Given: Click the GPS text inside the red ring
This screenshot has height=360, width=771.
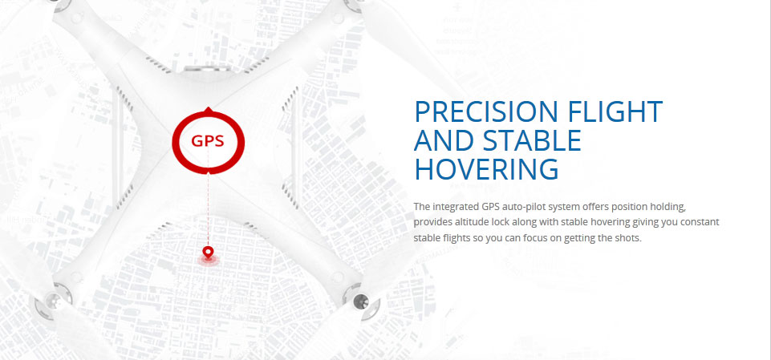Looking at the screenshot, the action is pyautogui.click(x=208, y=141).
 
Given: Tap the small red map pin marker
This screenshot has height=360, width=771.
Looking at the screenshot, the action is pyautogui.click(x=209, y=253).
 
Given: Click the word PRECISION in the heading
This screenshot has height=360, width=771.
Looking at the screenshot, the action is pyautogui.click(x=487, y=111).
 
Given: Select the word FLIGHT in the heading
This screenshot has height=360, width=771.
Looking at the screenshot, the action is pyautogui.click(x=615, y=111).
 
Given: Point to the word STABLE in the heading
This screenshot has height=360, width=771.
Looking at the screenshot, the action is pyautogui.click(x=532, y=140).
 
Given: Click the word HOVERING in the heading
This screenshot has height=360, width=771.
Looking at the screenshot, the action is pyautogui.click(x=487, y=169).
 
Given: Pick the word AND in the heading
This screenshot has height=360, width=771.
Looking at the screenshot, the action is pyautogui.click(x=444, y=140).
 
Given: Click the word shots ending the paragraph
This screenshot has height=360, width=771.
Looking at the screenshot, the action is pyautogui.click(x=629, y=238).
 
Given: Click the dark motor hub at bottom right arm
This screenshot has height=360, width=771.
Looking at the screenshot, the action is pyautogui.click(x=361, y=300).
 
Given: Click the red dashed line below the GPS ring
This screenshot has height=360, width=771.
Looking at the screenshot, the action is pyautogui.click(x=209, y=210).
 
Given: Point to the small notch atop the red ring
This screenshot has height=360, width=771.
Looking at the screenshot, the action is pyautogui.click(x=209, y=109).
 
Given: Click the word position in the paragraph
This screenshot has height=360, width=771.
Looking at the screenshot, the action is pyautogui.click(x=645, y=206).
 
